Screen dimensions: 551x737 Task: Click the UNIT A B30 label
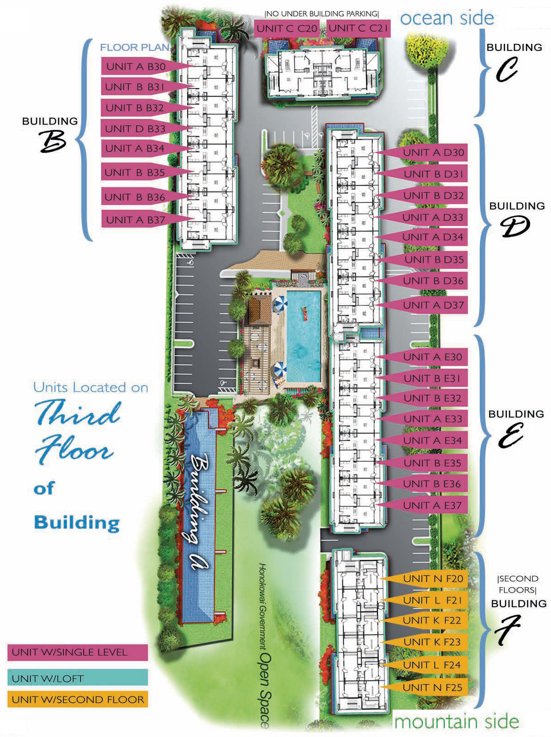136,67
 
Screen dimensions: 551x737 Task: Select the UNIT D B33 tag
135,128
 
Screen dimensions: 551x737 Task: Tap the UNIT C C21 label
358,28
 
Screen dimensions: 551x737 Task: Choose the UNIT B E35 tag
432,463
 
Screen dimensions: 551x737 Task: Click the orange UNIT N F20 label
433,578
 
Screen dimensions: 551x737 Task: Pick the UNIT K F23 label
432,642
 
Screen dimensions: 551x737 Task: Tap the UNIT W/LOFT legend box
77,677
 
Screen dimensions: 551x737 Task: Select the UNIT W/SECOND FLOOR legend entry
77,699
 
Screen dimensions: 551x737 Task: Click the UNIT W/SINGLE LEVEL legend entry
77,652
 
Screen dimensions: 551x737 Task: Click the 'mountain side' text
456,721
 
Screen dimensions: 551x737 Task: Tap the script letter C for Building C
506,69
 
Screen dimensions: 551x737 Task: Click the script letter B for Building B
52,141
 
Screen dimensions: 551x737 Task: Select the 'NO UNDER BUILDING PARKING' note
321,14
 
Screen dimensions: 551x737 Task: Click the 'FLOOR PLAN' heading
135,47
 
